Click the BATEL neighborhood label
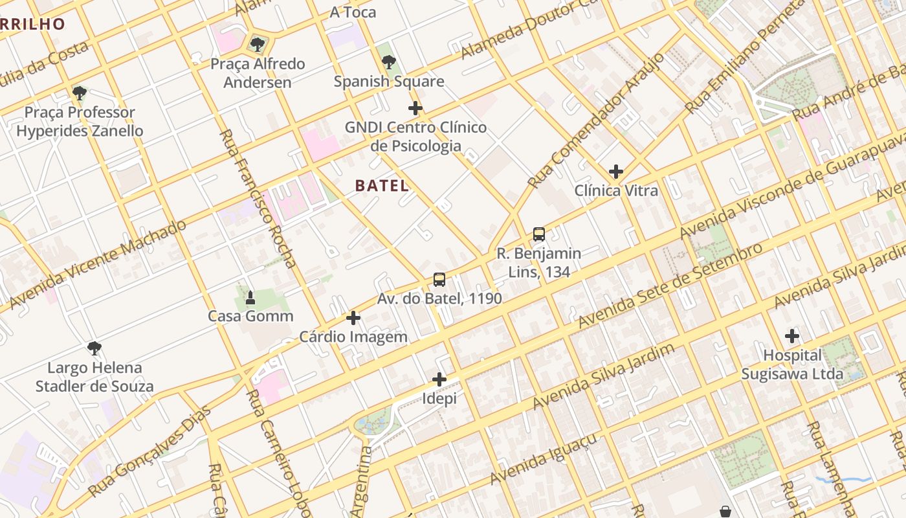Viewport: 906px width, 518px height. (382, 186)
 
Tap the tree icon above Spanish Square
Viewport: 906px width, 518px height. (389, 62)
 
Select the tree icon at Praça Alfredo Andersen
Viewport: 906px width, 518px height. (258, 45)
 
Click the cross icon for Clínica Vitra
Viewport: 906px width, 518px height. (616, 172)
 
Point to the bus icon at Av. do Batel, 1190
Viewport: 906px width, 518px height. (439, 280)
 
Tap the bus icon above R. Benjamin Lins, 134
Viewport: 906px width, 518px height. (538, 234)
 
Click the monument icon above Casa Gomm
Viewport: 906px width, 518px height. (250, 298)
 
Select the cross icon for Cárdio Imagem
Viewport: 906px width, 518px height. (353, 318)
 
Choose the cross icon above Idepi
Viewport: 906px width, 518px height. (439, 379)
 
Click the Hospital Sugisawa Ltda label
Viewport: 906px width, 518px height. (792, 365)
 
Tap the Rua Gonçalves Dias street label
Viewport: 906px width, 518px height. (150, 451)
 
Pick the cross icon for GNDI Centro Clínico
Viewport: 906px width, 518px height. (415, 108)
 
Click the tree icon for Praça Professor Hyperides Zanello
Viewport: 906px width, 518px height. (80, 93)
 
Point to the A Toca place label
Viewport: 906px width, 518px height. (353, 12)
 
